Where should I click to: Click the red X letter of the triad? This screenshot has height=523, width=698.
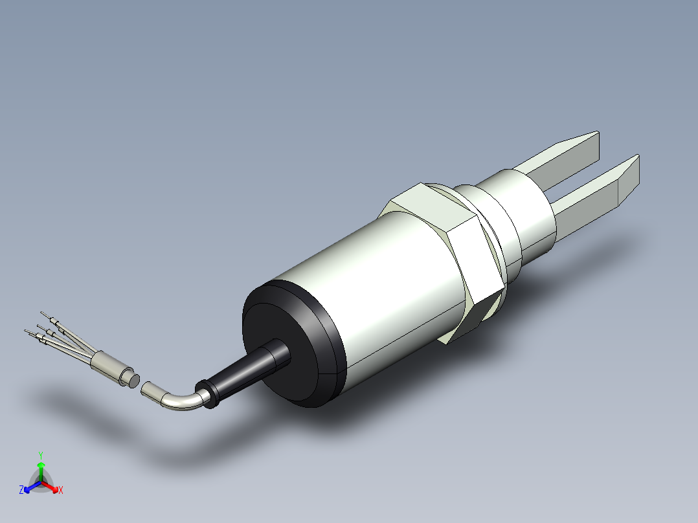click(x=61, y=491)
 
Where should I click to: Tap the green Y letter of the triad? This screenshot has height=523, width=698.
click(x=40, y=455)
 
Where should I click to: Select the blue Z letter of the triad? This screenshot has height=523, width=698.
click(x=21, y=491)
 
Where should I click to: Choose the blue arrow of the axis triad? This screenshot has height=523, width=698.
click(x=30, y=487)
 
